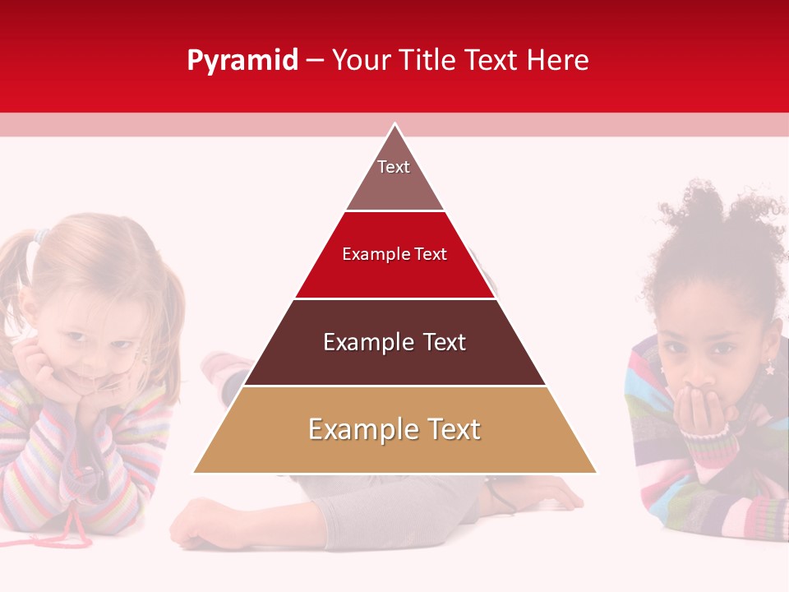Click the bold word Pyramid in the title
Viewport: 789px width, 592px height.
pos(242,61)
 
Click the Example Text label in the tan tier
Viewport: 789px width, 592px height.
pos(394,429)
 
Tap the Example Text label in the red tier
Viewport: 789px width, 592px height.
pos(394,254)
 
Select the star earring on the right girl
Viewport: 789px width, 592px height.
pos(770,369)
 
